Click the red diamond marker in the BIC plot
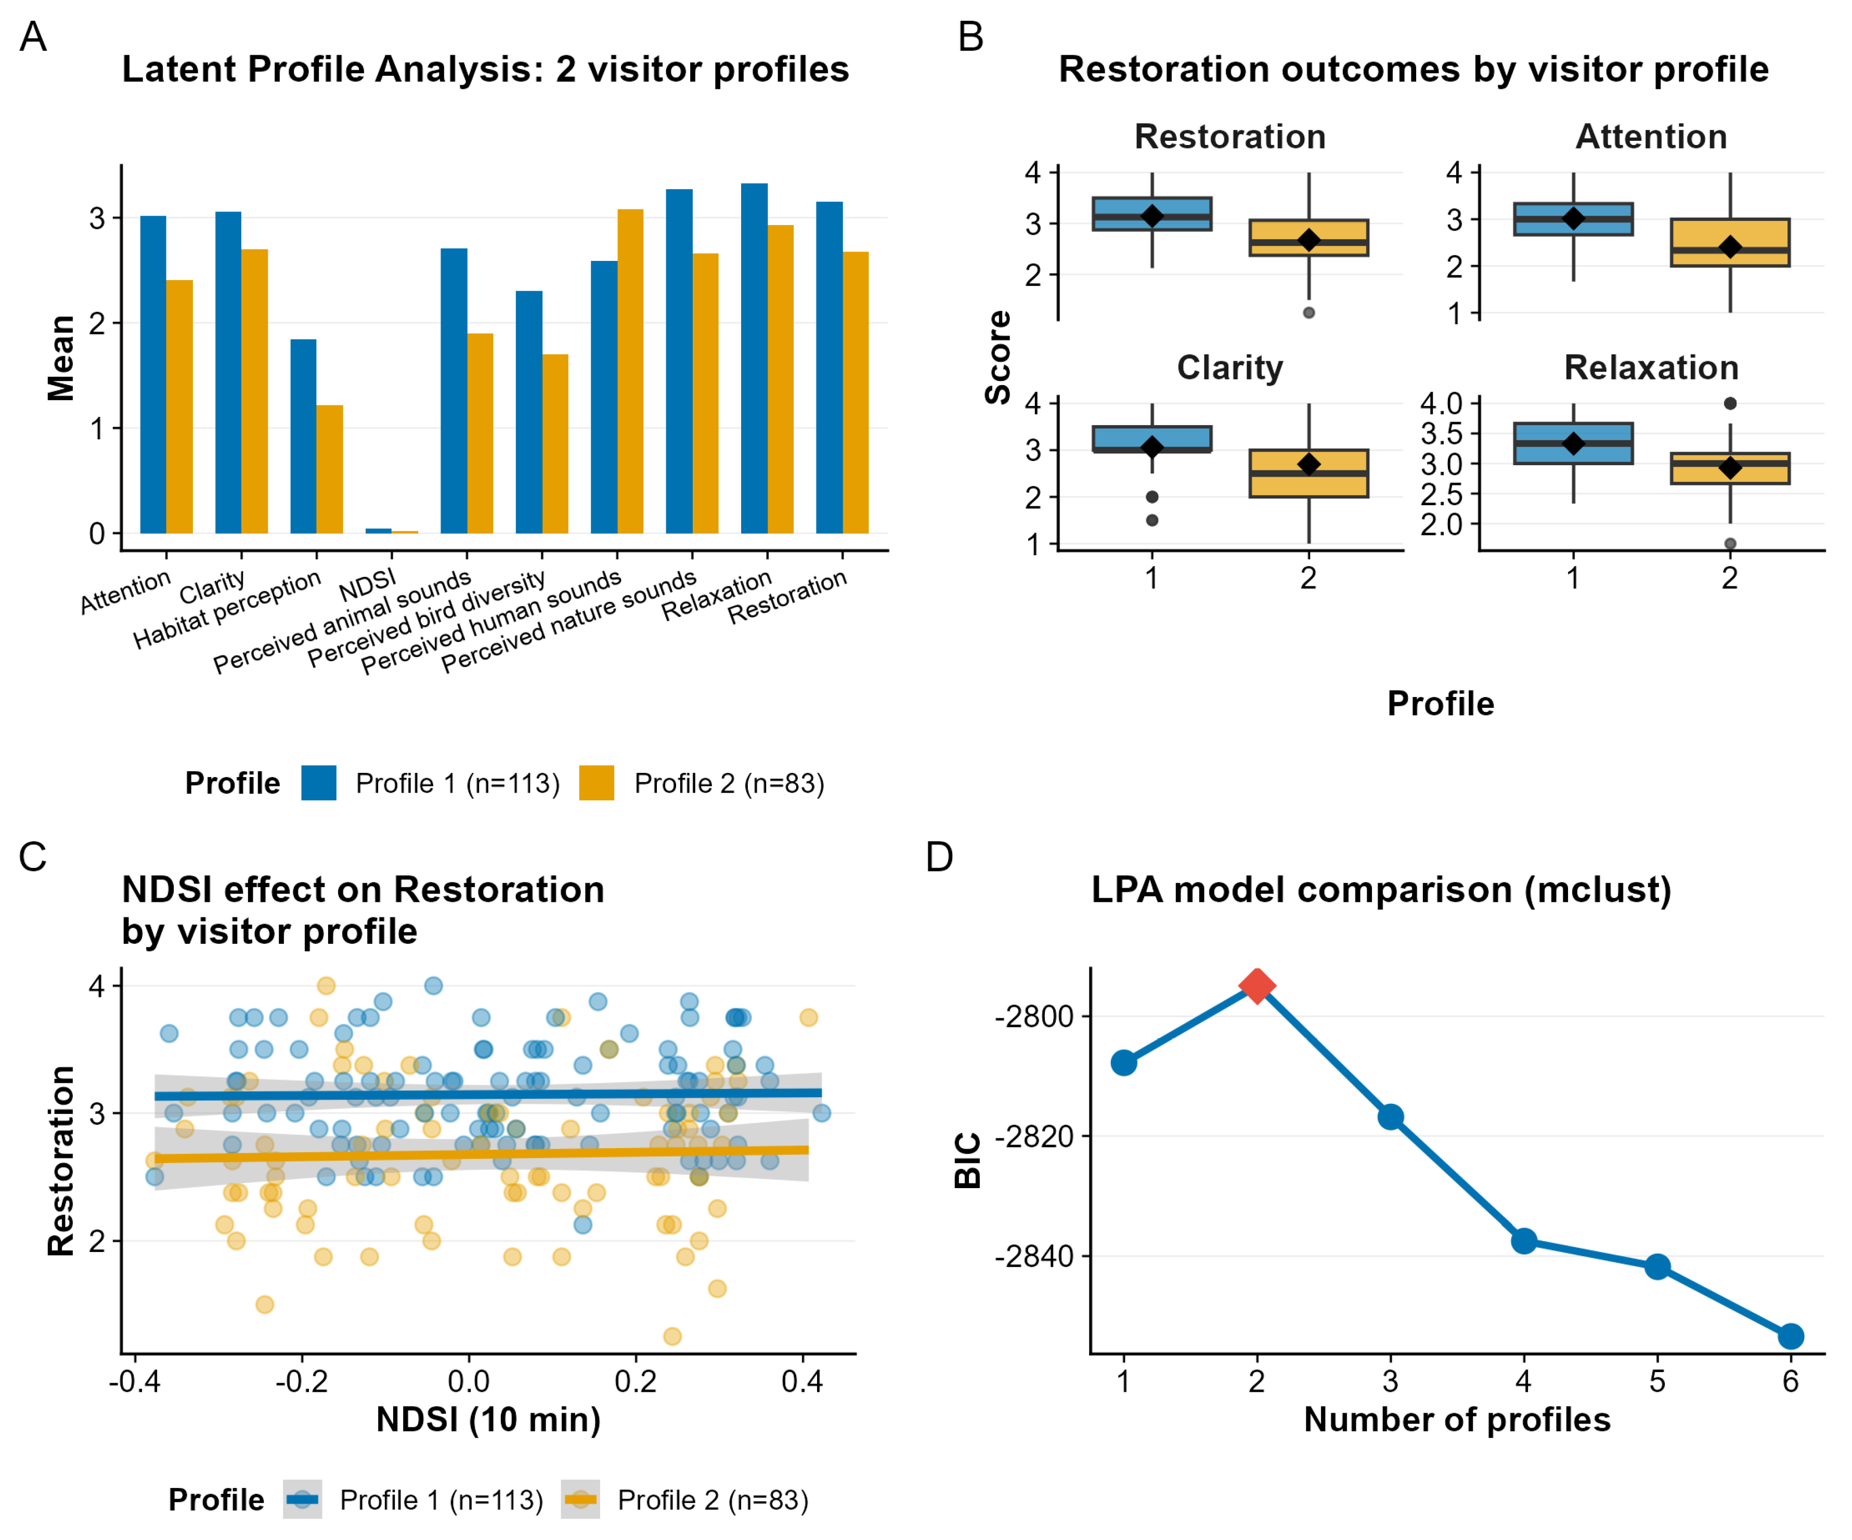pyautogui.click(x=1257, y=985)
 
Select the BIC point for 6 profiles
pyautogui.click(x=1790, y=1336)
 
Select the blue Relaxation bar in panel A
pyautogui.click(x=754, y=359)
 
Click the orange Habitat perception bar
pyautogui.click(x=330, y=469)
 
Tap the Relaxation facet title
pyautogui.click(x=1651, y=367)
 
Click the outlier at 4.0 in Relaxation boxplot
pyautogui.click(x=1730, y=404)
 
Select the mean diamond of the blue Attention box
pyautogui.click(x=1573, y=218)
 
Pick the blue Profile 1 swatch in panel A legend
pyautogui.click(x=318, y=783)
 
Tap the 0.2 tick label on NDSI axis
pyautogui.click(x=635, y=1381)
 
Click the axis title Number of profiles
pyautogui.click(x=1457, y=1419)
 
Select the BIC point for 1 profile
pyautogui.click(x=1123, y=1062)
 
